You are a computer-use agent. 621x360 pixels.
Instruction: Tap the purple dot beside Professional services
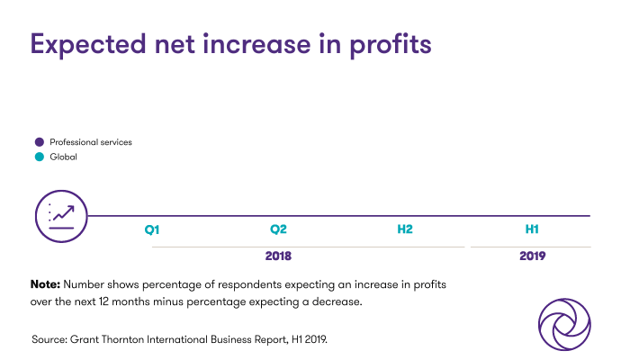[39, 142]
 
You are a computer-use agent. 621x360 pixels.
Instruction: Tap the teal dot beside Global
[39, 157]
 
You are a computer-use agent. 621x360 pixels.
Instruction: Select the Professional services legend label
[91, 142]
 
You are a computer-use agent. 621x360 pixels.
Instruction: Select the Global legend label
[63, 157]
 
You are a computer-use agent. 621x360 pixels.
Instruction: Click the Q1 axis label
[152, 230]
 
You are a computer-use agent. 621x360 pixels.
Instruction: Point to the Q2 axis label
[278, 230]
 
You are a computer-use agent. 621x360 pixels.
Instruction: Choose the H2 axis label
[405, 230]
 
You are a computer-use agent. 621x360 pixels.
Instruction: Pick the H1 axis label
[532, 230]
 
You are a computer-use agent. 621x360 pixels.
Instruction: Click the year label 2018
[278, 256]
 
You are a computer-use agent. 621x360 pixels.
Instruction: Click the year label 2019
[532, 256]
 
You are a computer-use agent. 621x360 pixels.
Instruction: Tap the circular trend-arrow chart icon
[61, 216]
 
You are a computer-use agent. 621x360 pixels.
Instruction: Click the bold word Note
[44, 284]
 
